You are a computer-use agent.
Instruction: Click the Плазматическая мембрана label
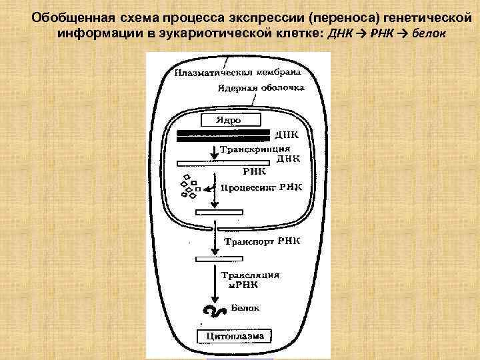tap(237, 72)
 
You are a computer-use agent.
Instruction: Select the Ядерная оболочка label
tap(261, 87)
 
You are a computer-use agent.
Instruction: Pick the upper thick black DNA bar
tap(223, 132)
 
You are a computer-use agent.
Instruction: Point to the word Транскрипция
tap(255, 150)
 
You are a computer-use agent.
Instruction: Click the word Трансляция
tap(250, 275)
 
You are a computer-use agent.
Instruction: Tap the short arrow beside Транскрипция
tap(214, 153)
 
